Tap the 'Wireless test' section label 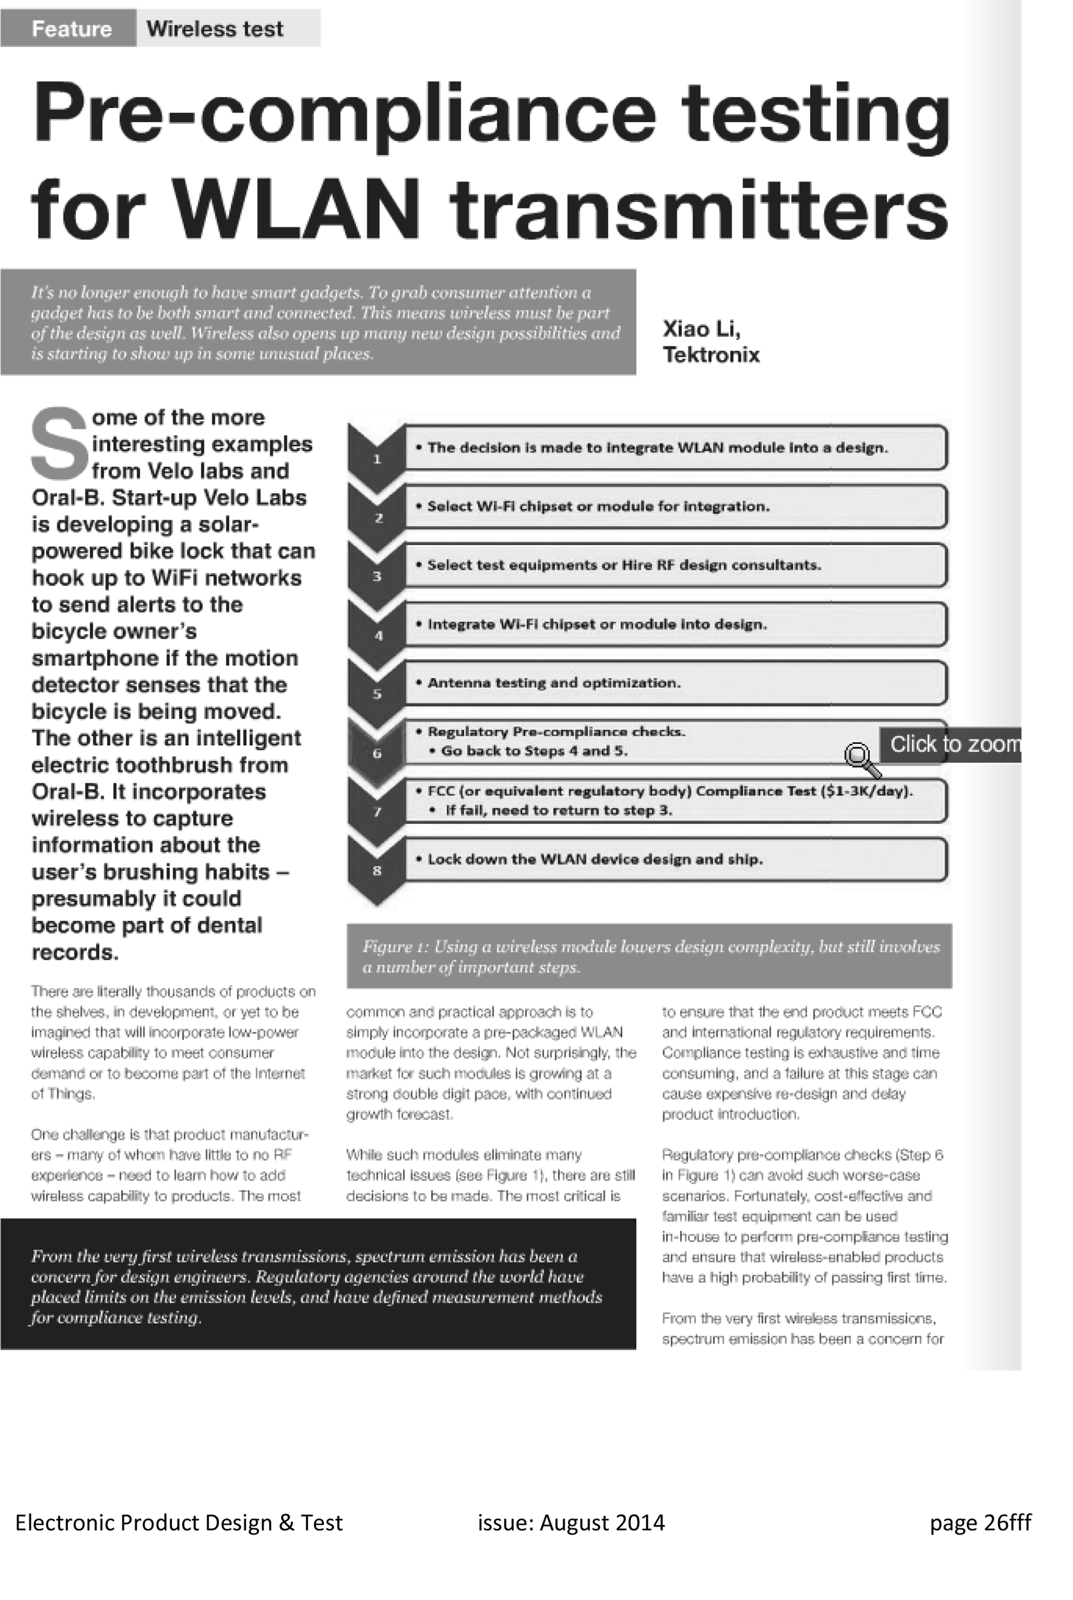(214, 29)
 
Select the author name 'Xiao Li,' (701, 329)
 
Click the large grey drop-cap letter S (60, 443)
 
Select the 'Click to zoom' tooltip (951, 744)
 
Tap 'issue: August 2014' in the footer (571, 1522)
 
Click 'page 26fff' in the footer (980, 1522)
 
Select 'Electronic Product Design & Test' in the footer (179, 1522)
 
